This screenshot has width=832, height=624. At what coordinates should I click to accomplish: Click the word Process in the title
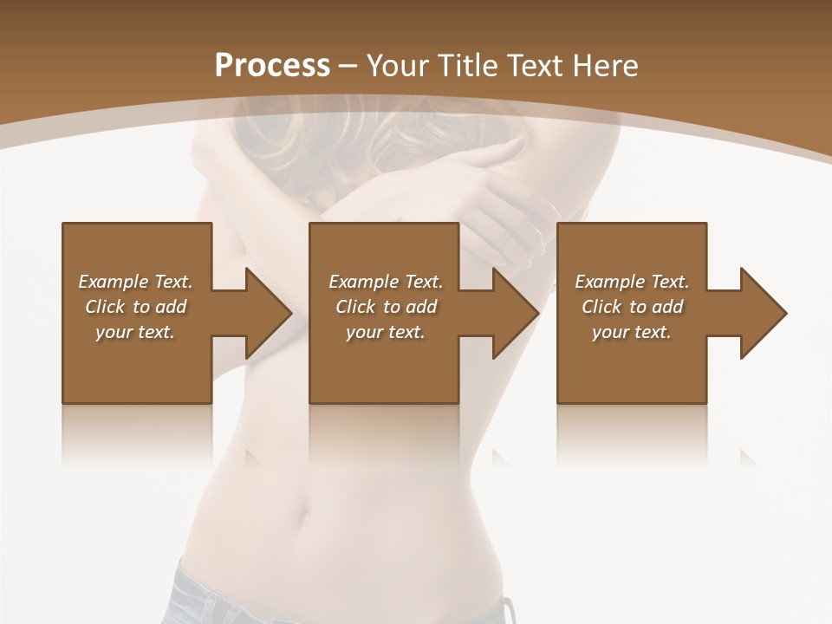(x=272, y=66)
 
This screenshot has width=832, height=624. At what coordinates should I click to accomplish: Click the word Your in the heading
(x=399, y=66)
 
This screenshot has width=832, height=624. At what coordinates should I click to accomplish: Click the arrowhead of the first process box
(x=268, y=313)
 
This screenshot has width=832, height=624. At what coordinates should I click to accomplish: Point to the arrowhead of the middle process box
(x=516, y=313)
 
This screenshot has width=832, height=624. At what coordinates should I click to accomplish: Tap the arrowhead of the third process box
(x=764, y=313)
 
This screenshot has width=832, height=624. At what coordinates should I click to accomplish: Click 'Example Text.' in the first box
(x=135, y=282)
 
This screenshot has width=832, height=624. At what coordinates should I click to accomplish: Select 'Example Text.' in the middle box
(x=386, y=282)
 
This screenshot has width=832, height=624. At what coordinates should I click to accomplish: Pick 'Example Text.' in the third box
(x=632, y=282)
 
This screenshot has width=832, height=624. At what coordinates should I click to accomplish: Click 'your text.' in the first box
(x=135, y=332)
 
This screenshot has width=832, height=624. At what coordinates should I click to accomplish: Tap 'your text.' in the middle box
(x=386, y=332)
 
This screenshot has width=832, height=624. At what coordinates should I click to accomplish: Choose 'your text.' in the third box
(x=632, y=332)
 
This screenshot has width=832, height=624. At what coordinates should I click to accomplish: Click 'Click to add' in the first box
(x=135, y=307)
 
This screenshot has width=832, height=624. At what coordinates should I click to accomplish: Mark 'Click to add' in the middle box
(x=386, y=307)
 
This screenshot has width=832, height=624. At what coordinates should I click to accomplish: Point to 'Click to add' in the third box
(x=632, y=307)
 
